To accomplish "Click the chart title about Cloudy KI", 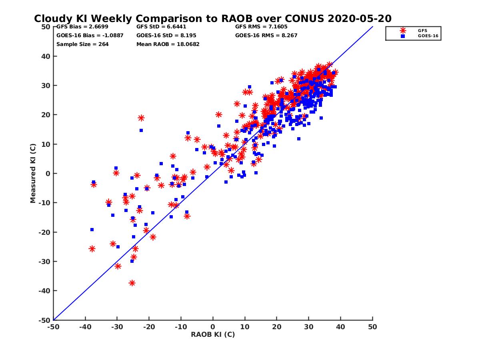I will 212,18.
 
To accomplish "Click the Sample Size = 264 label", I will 82,44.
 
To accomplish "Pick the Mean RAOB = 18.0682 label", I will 168,44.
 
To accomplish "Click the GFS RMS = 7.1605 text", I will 261,27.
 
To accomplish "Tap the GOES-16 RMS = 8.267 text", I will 266,35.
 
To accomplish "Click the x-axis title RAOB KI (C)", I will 213,334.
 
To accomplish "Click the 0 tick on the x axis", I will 213,327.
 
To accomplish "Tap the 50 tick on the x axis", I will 372,327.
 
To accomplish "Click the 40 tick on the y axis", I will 45,56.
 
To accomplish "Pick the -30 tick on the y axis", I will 44,262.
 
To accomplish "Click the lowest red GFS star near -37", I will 132,283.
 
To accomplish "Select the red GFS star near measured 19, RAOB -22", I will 141,118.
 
